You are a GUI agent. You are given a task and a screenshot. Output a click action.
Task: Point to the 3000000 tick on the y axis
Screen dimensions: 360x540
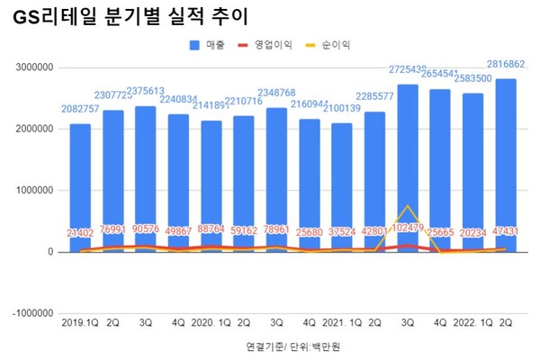[x=30, y=67]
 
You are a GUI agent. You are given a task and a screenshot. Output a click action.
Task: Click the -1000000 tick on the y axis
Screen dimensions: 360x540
[x=29, y=313]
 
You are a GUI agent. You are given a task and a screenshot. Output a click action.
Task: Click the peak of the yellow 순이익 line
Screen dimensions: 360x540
[x=408, y=207]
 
